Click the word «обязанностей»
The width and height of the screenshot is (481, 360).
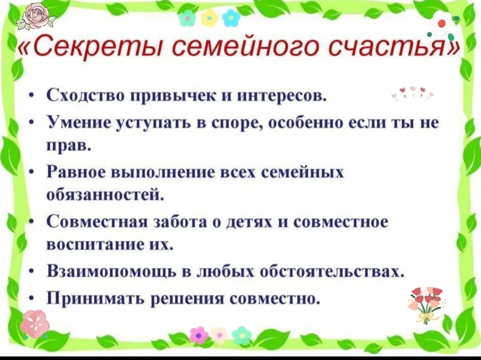(x=103, y=195)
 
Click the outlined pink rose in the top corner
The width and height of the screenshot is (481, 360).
(x=36, y=16)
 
